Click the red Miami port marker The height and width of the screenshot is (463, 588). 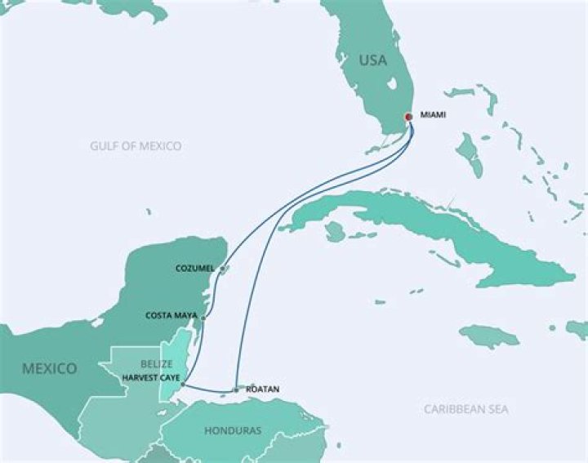click(408, 116)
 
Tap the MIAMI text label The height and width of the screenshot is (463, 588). click(433, 115)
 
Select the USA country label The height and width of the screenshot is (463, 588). click(372, 60)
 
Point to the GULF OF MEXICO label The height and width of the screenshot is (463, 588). click(136, 146)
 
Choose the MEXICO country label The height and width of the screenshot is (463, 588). click(49, 368)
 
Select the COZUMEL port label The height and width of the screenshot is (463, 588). click(194, 268)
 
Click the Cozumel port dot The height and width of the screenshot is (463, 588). click(221, 269)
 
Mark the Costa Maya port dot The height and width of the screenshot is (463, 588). click(203, 318)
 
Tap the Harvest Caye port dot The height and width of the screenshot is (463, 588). click(183, 384)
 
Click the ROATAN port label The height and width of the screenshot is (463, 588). click(262, 390)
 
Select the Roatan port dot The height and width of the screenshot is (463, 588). click(236, 390)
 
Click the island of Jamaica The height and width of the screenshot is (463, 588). click(488, 336)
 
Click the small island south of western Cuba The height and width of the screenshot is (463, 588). click(334, 233)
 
